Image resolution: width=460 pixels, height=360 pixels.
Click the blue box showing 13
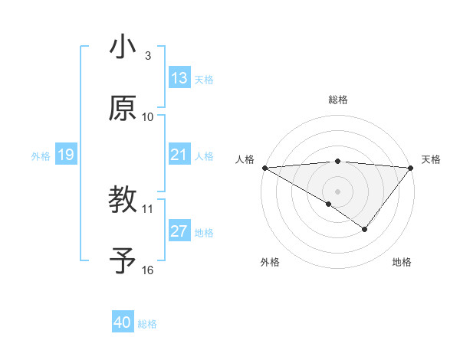[179, 78]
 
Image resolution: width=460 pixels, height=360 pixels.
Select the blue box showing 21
[179, 155]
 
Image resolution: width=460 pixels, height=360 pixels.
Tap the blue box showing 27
[179, 232]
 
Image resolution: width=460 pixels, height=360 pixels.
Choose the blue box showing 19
[65, 155]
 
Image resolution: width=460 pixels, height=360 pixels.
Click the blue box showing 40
[123, 323]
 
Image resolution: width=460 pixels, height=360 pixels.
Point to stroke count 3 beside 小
[148, 55]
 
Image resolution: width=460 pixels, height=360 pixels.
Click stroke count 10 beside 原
[148, 116]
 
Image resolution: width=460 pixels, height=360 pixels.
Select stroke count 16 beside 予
[148, 270]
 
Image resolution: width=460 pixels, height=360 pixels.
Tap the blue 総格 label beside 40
[147, 324]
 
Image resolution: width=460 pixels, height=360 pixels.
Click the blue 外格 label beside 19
[41, 156]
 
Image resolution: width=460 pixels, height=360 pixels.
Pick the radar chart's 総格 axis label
[338, 100]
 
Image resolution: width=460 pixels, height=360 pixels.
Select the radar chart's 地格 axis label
[402, 262]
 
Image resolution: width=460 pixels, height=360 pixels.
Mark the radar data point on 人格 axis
[264, 168]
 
